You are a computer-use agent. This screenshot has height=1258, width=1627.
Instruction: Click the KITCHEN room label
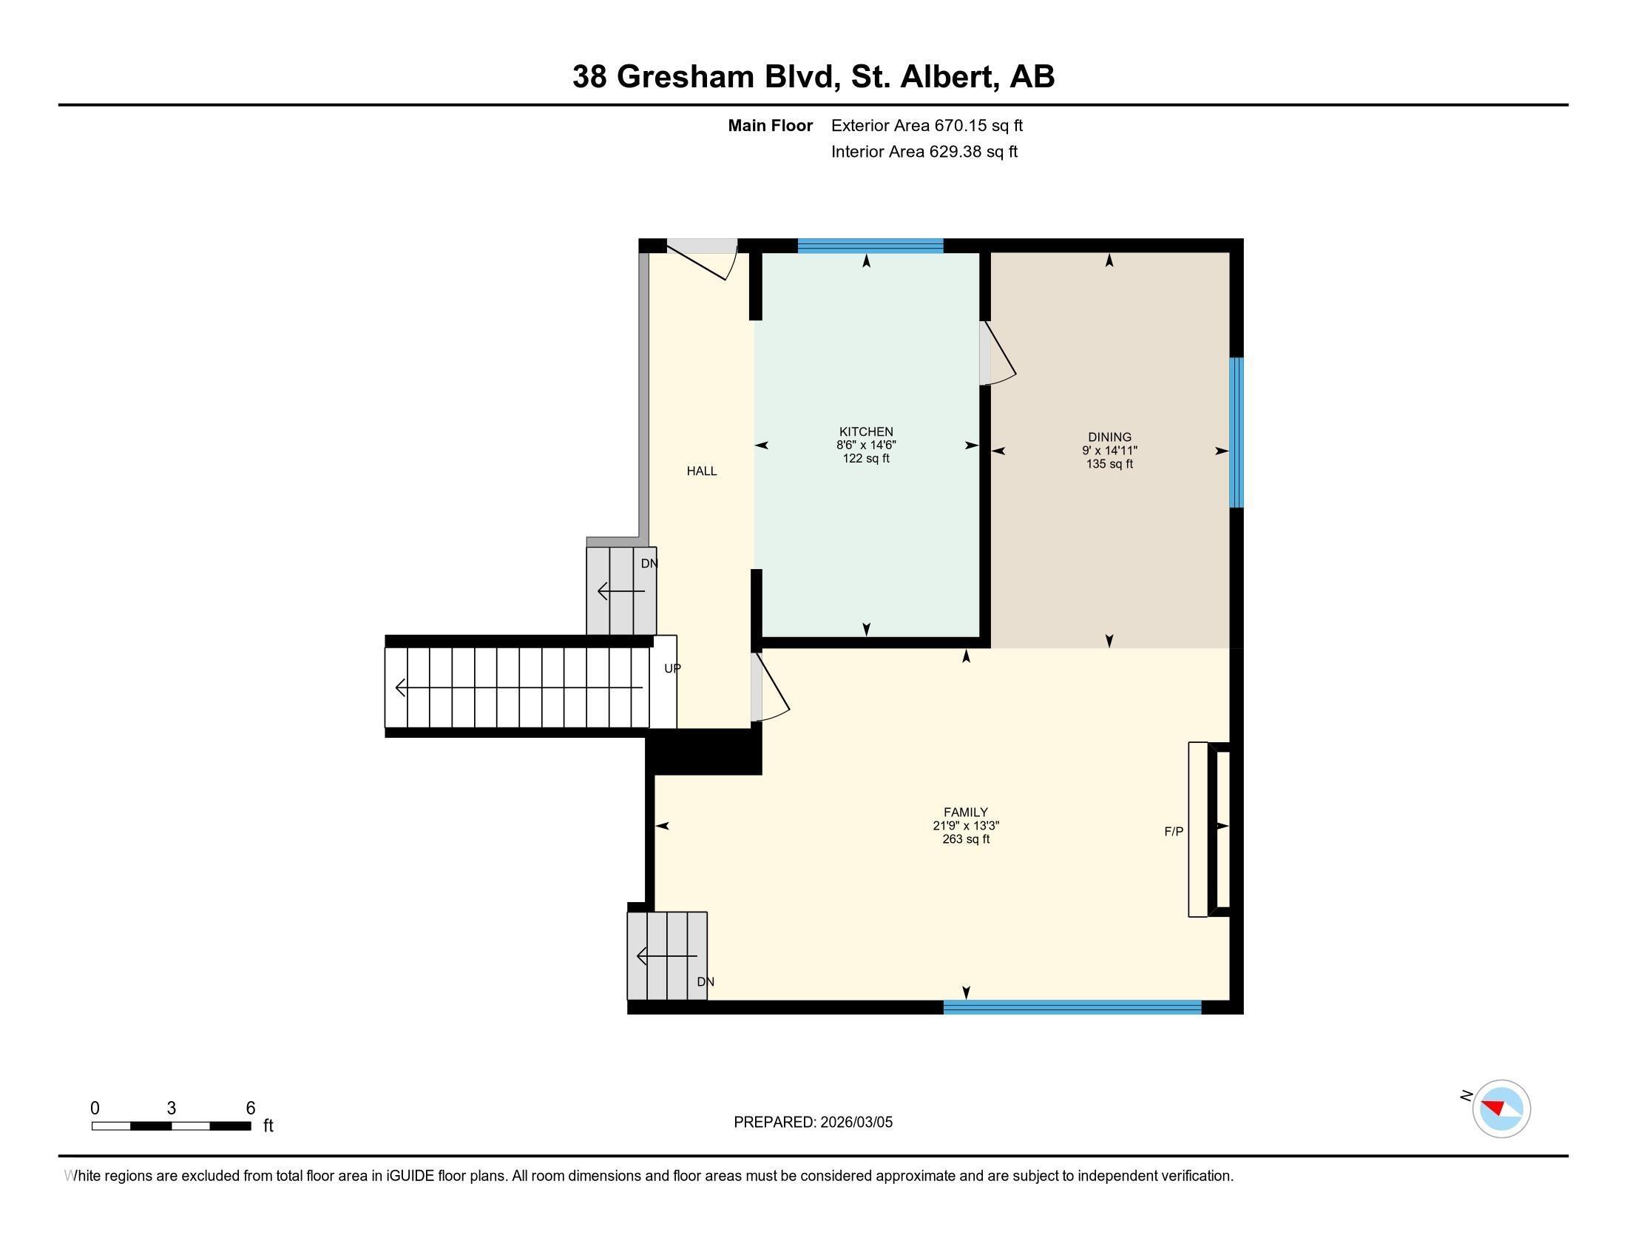(866, 431)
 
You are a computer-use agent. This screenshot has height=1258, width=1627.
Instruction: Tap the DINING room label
(1109, 437)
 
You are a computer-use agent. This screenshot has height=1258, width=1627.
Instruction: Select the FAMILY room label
(965, 813)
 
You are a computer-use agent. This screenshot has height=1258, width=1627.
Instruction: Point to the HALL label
(701, 471)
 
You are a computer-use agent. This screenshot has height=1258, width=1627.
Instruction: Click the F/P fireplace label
(1174, 831)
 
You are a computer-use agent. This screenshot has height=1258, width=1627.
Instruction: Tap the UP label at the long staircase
(672, 668)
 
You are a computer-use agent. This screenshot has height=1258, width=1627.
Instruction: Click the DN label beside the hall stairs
(649, 563)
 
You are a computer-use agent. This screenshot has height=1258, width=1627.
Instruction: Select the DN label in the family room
(705, 981)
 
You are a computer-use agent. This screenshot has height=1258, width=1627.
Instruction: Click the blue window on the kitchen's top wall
(870, 246)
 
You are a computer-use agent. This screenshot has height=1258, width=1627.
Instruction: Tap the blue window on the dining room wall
(1236, 432)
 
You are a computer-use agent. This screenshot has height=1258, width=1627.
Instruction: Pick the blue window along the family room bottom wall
(1072, 1007)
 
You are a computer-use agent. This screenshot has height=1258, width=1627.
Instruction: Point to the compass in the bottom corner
(1501, 1109)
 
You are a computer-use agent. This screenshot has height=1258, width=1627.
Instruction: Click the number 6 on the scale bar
(250, 1108)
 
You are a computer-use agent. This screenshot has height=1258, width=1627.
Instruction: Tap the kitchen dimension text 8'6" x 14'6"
(866, 445)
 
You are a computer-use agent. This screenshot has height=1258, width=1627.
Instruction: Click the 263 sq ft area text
(965, 839)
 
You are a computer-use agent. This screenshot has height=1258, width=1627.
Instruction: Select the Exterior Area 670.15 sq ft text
(927, 125)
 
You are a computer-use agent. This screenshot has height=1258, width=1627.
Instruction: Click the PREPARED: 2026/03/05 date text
(813, 1122)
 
